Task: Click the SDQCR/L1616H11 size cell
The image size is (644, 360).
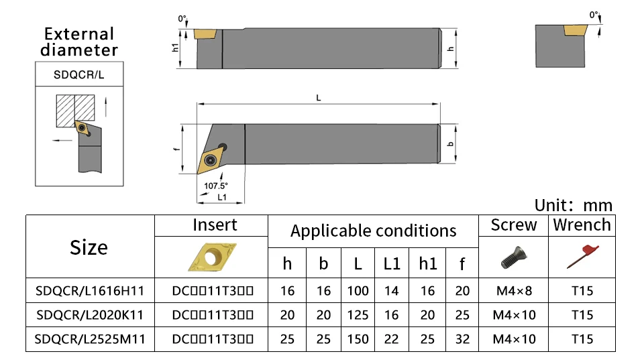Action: point(90,291)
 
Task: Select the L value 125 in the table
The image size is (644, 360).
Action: point(358,315)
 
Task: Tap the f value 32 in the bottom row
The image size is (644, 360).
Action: point(462,339)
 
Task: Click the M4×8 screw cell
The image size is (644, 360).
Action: point(514,291)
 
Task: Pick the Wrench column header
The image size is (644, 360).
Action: point(582,225)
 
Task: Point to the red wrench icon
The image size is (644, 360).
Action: point(581,255)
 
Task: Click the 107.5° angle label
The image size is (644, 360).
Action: point(216,186)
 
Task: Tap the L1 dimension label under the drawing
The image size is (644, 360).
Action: point(221,197)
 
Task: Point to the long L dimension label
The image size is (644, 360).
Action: point(319,98)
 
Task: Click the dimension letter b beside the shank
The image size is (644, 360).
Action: point(451,144)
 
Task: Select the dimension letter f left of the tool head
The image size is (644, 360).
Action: point(176,151)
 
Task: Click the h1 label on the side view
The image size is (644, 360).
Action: point(175,48)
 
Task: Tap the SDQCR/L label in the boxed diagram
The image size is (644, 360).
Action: point(79,75)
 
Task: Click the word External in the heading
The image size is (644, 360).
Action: point(79,34)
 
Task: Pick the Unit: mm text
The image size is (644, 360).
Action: point(573,205)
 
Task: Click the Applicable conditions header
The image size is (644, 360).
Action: point(373,231)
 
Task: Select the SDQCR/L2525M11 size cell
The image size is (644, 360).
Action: point(90,339)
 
